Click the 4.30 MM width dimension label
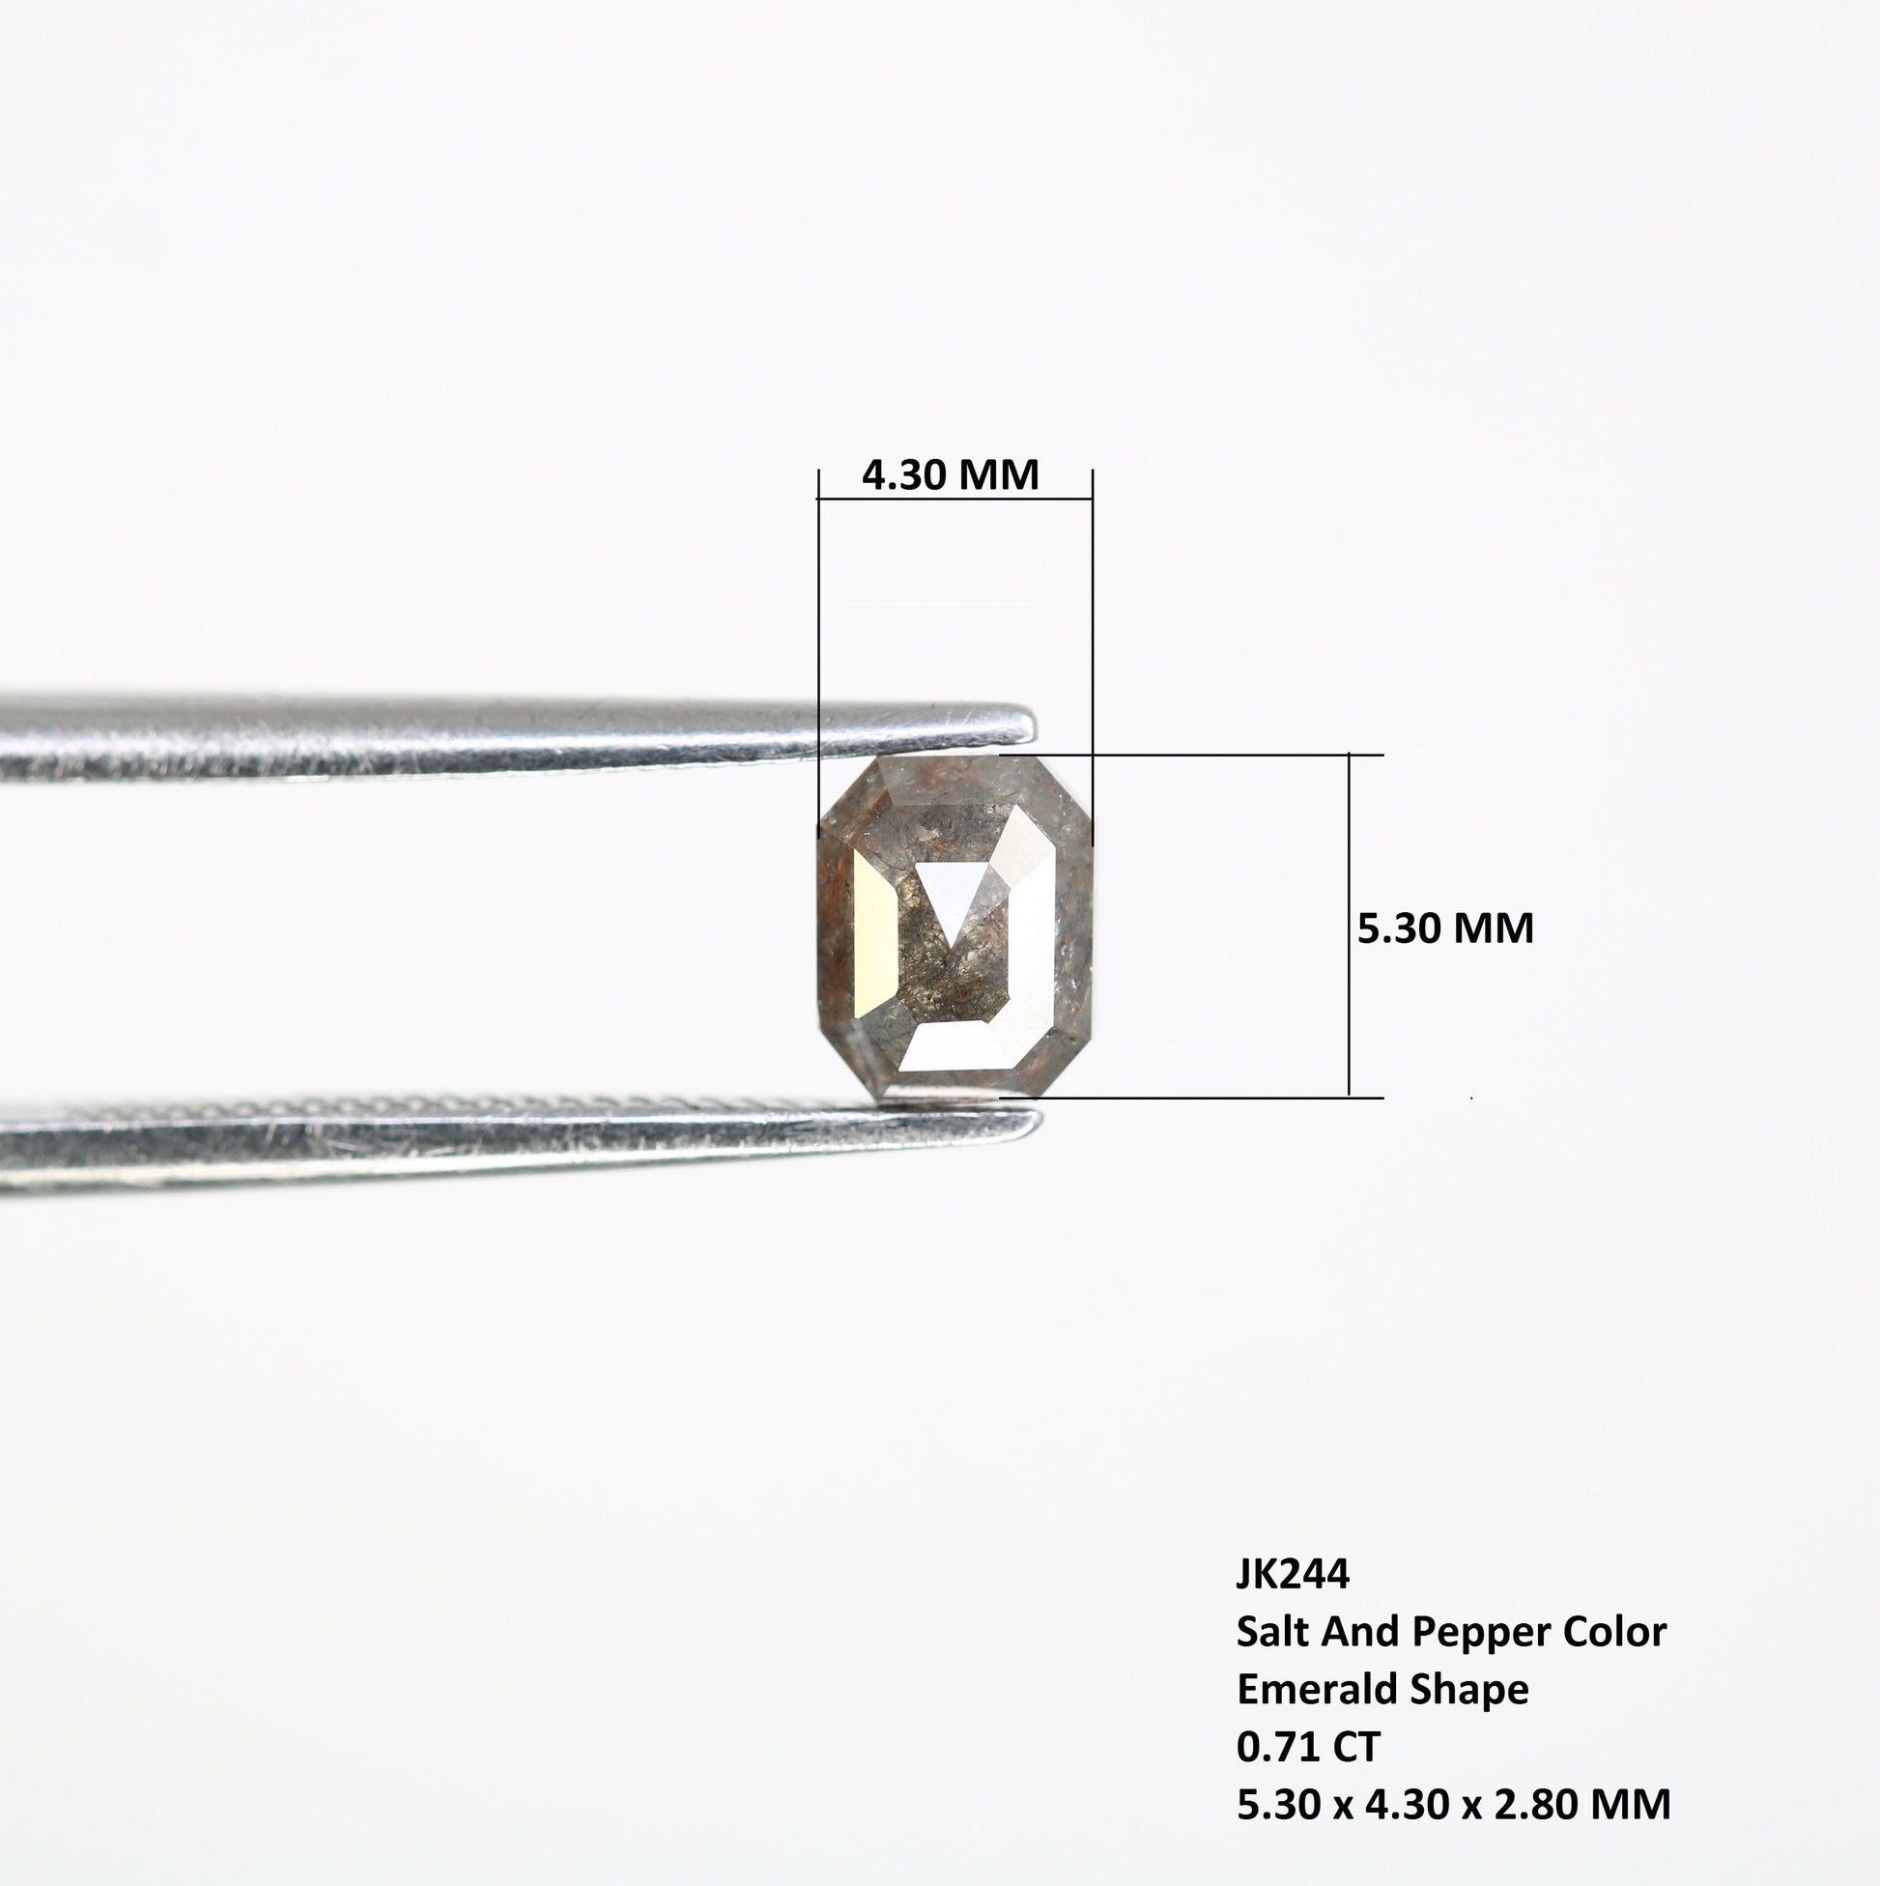[950, 475]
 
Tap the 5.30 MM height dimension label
[1445, 928]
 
